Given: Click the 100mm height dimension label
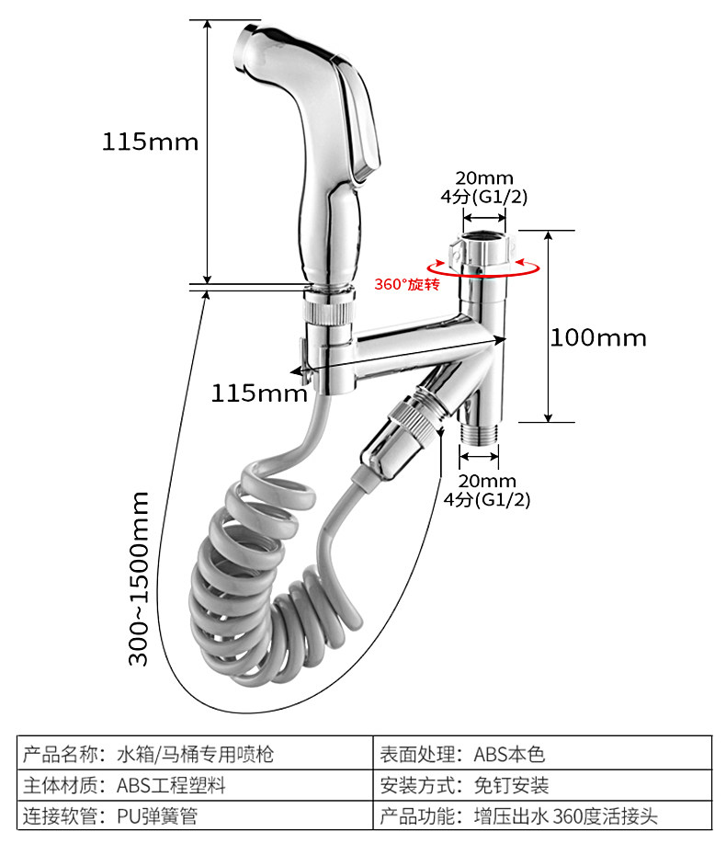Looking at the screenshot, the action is click(598, 337).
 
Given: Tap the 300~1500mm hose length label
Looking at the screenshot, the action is click(138, 579).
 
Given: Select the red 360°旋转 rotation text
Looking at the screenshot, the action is click(407, 284).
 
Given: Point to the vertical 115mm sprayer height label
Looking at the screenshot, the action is click(150, 142).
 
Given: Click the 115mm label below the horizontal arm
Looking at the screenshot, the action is click(258, 393).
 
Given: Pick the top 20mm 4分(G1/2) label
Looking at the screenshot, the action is click(484, 188).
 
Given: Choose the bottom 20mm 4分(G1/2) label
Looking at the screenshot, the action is click(487, 490).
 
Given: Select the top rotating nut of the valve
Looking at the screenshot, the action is click(483, 249).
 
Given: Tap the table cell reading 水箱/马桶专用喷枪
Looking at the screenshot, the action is click(195, 755).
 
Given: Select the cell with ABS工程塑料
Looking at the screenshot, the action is click(171, 785).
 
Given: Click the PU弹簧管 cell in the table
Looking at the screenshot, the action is click(157, 816).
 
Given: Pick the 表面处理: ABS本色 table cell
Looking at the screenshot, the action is click(462, 755).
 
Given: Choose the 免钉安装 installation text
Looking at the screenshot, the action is click(511, 785).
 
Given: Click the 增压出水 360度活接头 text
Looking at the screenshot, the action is click(565, 816).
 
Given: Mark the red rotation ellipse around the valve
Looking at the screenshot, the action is click(483, 276).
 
